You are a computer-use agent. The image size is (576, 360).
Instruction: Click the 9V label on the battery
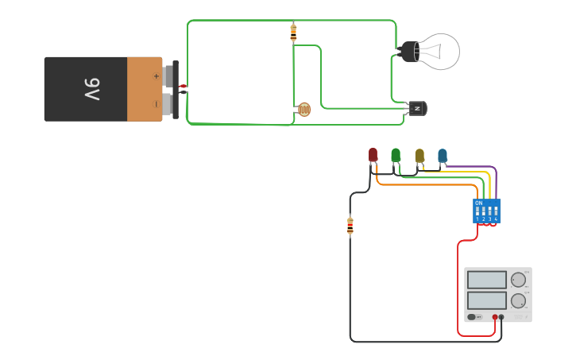tap(91, 89)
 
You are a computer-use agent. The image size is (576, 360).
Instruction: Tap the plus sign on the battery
tap(156, 76)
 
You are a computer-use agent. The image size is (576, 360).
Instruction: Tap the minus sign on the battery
tap(156, 103)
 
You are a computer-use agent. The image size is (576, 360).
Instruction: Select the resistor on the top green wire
tap(293, 33)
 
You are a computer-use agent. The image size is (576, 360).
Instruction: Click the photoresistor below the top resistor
tap(303, 110)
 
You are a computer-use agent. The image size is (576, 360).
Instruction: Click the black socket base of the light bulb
tap(408, 52)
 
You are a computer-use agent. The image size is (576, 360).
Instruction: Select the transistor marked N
tap(417, 108)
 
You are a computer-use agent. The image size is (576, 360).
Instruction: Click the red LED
tap(373, 155)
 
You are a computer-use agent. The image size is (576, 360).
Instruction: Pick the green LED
tap(396, 155)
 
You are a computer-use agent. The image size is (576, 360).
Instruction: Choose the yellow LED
tap(419, 155)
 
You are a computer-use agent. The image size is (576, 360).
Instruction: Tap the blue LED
tap(443, 155)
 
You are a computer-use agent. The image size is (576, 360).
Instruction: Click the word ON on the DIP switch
tap(478, 203)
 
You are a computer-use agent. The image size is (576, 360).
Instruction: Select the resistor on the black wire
tap(350, 226)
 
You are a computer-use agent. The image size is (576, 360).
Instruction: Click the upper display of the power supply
tap(486, 280)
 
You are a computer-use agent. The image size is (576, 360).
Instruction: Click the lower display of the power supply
tap(486, 300)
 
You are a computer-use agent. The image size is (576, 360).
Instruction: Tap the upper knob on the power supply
tap(518, 280)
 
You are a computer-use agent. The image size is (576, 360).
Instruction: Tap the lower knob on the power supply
tap(518, 300)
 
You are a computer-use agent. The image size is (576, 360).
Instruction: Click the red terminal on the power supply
tap(494, 317)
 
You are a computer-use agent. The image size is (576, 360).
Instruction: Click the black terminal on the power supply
tap(501, 317)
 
